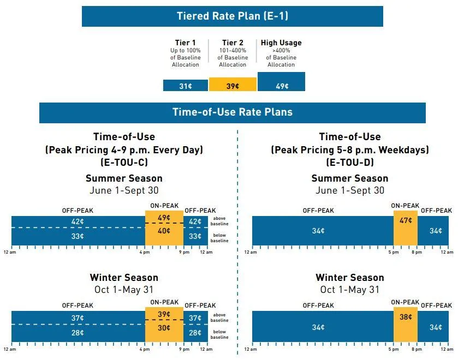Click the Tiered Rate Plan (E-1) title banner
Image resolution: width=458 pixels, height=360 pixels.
232,16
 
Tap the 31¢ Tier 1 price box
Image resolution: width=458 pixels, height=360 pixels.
186,86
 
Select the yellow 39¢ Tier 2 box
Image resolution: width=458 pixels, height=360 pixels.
233,86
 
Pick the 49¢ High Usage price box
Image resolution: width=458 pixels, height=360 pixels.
281,86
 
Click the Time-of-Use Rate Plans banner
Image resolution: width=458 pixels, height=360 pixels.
232,112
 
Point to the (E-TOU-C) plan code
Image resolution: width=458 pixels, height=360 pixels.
124,162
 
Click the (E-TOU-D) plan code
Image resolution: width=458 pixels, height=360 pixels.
349,162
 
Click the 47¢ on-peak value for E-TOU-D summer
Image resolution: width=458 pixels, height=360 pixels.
406,221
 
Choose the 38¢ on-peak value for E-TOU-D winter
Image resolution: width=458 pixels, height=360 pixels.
406,316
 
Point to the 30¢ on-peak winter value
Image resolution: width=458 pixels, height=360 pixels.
164,328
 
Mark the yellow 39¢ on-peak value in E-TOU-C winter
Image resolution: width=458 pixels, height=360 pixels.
164,315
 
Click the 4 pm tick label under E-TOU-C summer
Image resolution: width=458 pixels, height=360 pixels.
145,252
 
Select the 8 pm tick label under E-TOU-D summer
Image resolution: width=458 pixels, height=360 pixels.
418,252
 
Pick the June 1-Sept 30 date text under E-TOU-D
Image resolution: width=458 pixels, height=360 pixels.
349,190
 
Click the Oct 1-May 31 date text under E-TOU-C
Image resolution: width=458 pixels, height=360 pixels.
124,290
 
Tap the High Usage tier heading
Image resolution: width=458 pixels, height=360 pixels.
281,43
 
